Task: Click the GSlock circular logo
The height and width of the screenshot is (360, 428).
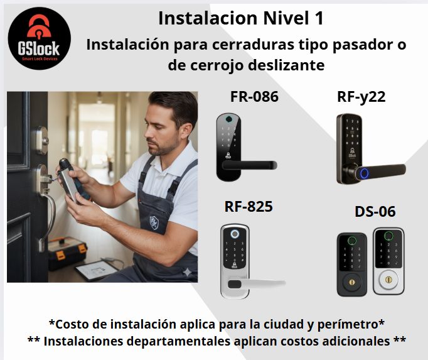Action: point(40,40)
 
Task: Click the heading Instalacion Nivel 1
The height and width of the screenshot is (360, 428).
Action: point(241,18)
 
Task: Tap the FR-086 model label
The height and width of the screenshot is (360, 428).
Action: point(254,97)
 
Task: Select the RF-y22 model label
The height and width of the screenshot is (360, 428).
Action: point(361,97)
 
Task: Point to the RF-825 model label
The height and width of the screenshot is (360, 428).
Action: point(249,206)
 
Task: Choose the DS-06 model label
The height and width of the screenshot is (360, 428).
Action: point(375,212)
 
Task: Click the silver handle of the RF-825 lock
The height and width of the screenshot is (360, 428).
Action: point(264,283)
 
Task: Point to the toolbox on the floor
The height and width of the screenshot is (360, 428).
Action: point(67,251)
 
